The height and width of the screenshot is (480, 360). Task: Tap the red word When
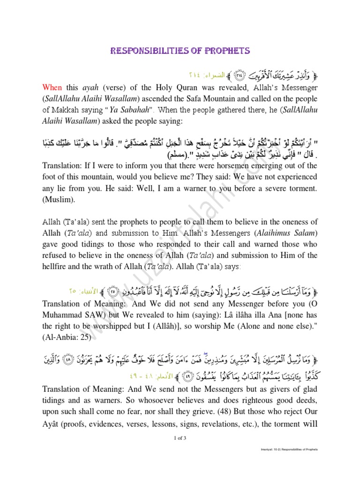[x=52, y=87]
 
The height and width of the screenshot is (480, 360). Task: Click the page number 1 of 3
[x=180, y=438]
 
